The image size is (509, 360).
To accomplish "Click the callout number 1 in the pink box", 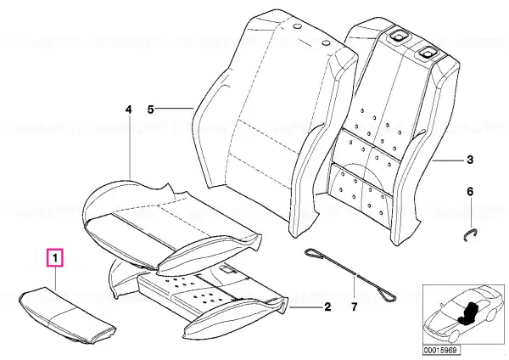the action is click(55, 258).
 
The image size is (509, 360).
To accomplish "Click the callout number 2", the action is click(327, 307).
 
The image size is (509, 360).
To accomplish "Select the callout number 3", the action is click(470, 160).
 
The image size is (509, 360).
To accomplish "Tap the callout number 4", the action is click(129, 110).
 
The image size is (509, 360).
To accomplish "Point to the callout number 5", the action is click(150, 110).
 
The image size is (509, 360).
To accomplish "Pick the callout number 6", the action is click(470, 191).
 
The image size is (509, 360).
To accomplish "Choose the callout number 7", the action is click(354, 307).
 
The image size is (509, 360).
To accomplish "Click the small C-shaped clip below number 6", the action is click(470, 233).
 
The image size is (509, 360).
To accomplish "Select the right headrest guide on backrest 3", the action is click(428, 51).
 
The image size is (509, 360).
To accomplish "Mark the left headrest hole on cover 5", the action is click(297, 27).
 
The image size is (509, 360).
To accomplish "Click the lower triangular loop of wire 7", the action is click(389, 295).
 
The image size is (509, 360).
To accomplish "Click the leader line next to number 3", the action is click(449, 160).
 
